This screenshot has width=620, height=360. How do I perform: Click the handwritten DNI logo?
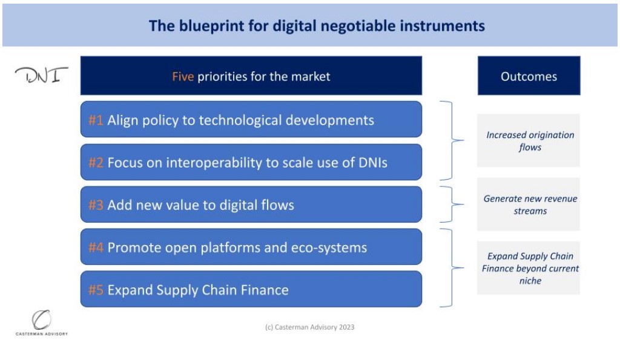pyautogui.click(x=42, y=74)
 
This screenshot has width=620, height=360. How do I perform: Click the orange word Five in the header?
pyautogui.click(x=183, y=76)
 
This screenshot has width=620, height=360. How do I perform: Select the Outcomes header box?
pyautogui.click(x=529, y=76)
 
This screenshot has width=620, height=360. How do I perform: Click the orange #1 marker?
pyautogui.click(x=96, y=120)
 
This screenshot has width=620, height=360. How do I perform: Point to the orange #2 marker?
pyautogui.click(x=96, y=162)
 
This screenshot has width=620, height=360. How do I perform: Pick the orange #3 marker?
pyautogui.click(x=96, y=205)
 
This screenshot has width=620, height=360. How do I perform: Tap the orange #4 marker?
pyautogui.click(x=96, y=247)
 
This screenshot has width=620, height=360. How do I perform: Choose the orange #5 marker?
pyautogui.click(x=96, y=290)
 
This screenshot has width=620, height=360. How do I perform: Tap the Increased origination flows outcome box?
pyautogui.click(x=529, y=140)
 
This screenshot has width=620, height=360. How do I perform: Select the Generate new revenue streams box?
pyautogui.click(x=529, y=204)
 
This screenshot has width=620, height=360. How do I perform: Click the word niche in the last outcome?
pyautogui.click(x=530, y=281)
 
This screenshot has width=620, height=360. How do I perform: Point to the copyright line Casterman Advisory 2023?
pyautogui.click(x=309, y=327)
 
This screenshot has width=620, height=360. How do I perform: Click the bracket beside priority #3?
pyautogui.click(x=452, y=205)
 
